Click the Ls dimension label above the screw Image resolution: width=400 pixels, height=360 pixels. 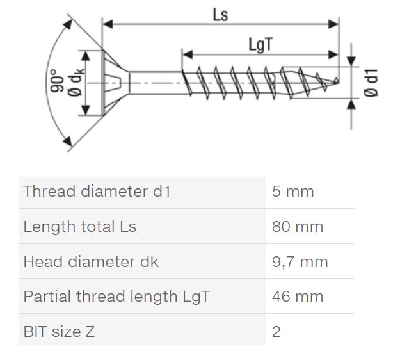(x=220, y=15)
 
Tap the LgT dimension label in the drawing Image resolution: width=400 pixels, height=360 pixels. (x=260, y=45)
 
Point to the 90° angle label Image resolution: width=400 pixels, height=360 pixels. (x=56, y=80)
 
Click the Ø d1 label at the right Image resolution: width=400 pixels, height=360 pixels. (x=371, y=83)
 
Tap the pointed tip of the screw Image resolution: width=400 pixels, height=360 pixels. (x=339, y=81)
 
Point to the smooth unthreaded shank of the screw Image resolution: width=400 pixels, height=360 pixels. (x=156, y=83)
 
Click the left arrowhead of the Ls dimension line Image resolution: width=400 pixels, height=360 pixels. (x=108, y=24)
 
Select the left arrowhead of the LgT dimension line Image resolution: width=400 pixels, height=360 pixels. (x=188, y=54)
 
